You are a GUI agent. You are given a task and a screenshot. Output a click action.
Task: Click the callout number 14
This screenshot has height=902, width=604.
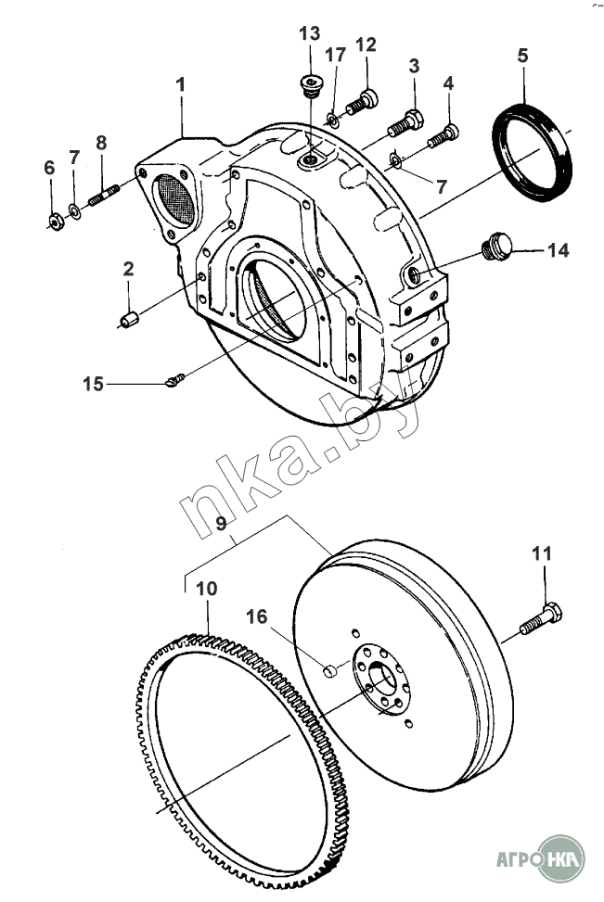pos(558,250)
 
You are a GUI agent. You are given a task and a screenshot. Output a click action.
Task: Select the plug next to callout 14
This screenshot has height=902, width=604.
pos(495,247)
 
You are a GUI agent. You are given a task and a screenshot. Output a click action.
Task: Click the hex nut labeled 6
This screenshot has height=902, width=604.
pos(56,221)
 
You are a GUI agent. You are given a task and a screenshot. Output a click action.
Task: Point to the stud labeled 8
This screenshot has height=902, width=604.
pos(104,195)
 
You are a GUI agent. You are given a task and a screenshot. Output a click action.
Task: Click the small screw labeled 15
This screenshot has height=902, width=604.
pos(175,379)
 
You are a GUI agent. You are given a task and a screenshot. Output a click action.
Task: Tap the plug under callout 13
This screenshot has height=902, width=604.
pos(310,85)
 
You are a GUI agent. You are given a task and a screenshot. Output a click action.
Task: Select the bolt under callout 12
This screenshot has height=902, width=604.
pos(362,102)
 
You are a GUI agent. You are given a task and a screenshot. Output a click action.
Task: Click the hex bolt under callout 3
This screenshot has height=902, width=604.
pos(406,122)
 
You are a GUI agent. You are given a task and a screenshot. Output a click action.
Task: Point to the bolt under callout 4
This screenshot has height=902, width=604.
pos(443,135)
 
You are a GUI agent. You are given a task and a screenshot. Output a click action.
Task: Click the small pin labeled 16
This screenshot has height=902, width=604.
pos(329,670)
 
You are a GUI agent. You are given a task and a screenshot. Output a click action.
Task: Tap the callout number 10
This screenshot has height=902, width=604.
pos(207,589)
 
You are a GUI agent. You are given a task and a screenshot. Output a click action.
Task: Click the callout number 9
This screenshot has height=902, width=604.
pos(221,523)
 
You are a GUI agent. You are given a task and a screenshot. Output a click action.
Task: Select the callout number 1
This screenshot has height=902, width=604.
pos(181,84)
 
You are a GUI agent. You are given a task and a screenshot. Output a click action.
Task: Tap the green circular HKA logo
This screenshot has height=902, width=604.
pos(559,858)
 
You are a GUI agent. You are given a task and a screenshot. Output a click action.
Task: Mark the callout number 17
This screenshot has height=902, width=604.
pos(335,55)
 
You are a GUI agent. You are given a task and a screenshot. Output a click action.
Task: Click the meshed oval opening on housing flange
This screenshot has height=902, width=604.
pos(175,198)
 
